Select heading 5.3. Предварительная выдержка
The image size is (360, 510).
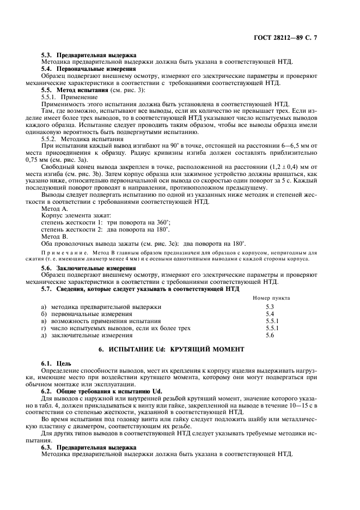pyautogui.click(x=89, y=55)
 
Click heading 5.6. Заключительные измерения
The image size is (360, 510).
pyautogui.click(x=89, y=268)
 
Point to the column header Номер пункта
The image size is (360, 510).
pyautogui.click(x=271, y=298)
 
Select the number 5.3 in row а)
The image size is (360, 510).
pyautogui.click(x=270, y=307)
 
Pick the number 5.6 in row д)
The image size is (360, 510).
pyautogui.click(x=270, y=335)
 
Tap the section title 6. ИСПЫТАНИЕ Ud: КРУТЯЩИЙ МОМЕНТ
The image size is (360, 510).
pyautogui.click(x=171, y=349)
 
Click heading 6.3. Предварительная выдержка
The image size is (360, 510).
pyautogui.click(x=89, y=447)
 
